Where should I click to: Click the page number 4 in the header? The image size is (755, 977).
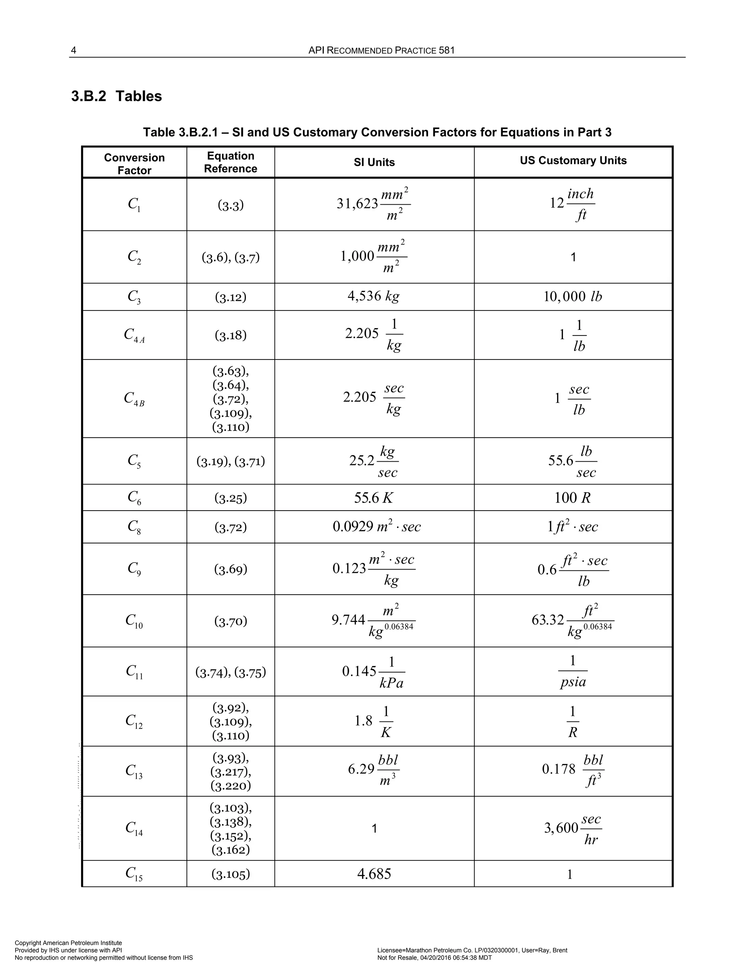[x=73, y=51]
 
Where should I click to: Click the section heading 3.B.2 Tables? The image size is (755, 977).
[x=116, y=96]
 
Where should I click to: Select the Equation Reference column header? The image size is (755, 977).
[x=230, y=162]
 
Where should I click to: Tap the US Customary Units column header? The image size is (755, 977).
[x=573, y=161]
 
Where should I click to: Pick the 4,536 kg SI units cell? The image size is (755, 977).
[x=373, y=296]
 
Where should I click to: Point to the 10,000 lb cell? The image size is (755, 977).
[x=573, y=296]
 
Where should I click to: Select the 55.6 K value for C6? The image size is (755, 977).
[x=373, y=497]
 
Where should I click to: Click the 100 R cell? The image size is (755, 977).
[x=573, y=497]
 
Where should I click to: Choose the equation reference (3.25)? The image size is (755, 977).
[x=230, y=498]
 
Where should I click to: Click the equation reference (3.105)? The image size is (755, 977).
[x=230, y=874]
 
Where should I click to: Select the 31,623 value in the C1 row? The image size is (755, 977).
[x=357, y=204]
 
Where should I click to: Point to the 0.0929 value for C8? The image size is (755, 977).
[x=353, y=526]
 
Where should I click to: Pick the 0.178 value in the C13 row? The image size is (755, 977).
[x=559, y=769]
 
